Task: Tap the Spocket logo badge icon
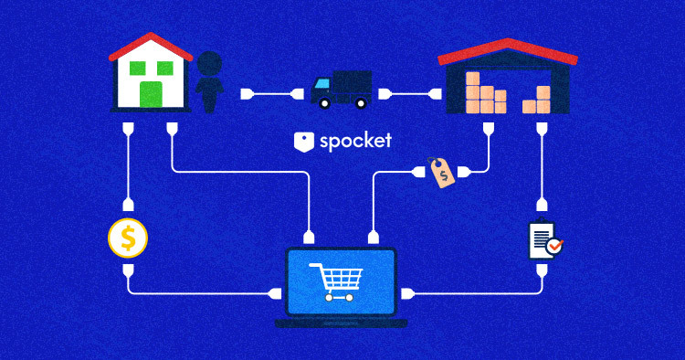304,142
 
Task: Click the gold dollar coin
128,238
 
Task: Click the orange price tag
442,173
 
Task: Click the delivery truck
341,90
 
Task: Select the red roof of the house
152,45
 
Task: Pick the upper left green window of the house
139,69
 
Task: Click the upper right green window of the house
165,69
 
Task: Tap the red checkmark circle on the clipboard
556,247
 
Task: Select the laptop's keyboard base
341,323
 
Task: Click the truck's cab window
321,84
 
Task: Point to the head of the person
210,63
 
